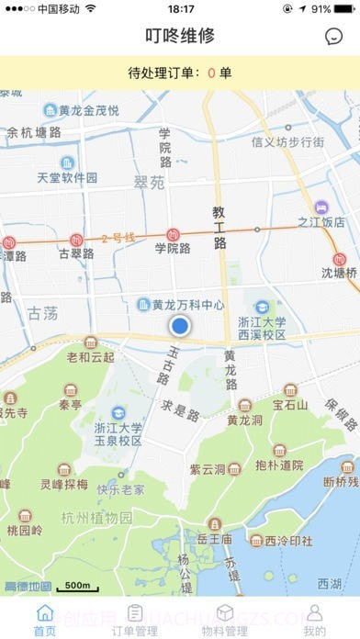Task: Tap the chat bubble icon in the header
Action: pos(334,37)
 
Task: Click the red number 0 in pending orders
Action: pos(211,73)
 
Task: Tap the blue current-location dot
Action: pos(180,325)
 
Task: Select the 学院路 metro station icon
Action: pos(172,235)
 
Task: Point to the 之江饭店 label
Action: pos(321,221)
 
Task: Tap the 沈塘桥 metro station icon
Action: pos(341,259)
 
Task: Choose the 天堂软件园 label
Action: pos(67,177)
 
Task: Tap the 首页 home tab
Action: pos(44,620)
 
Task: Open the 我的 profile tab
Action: pos(314,620)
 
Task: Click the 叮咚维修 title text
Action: pos(180,36)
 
